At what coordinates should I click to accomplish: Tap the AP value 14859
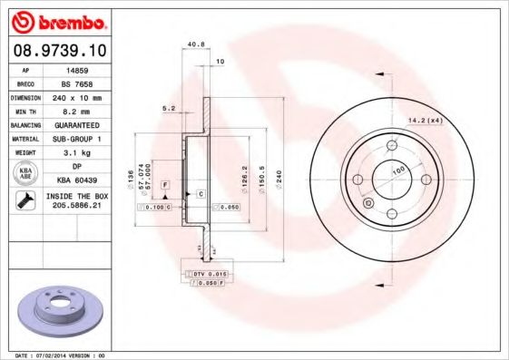point(77,68)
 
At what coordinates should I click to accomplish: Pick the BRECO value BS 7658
point(77,83)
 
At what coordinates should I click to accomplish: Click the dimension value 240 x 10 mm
point(77,96)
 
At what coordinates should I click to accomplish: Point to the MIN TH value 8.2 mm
point(77,111)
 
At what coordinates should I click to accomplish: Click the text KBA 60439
point(77,180)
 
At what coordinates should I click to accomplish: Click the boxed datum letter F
point(166,184)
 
